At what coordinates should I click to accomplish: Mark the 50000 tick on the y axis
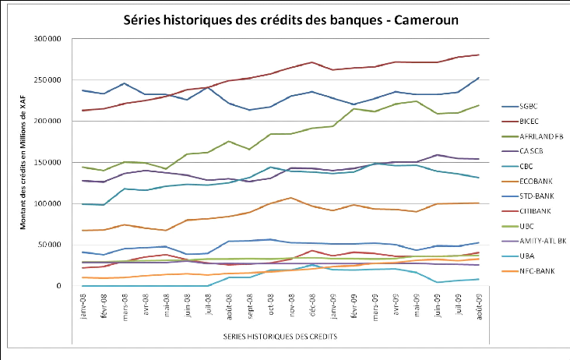tap(51, 245)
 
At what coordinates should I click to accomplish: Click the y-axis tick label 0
tap(58, 286)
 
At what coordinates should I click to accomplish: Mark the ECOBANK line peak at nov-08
tap(290, 198)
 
